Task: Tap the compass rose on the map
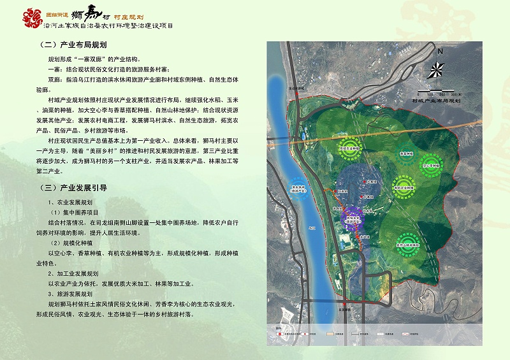click(439, 68)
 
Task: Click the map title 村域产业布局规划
click(437, 101)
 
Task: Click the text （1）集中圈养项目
click(75, 212)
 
